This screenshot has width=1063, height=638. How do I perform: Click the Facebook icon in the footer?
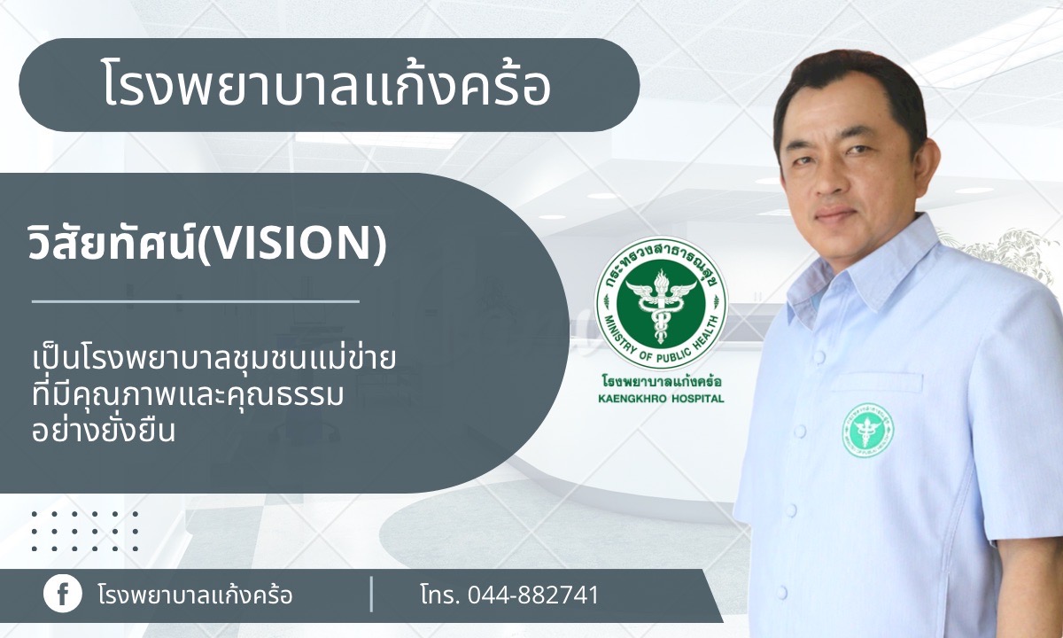pos(63,594)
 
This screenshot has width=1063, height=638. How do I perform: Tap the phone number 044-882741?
pos(533,595)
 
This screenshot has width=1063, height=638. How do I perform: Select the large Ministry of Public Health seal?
pos(661,304)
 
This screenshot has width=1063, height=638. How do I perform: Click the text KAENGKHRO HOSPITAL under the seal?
pos(661,399)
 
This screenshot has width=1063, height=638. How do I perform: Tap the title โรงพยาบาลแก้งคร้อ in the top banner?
pos(327,85)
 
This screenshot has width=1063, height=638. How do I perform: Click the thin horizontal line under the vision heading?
pos(196,301)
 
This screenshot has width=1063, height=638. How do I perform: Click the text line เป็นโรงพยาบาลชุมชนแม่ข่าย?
pos(213,360)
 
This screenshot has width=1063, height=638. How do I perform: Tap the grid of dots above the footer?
pos(85,531)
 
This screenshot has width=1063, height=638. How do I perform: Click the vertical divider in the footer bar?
pos(371,594)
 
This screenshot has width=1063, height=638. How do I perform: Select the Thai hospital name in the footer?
pos(195,595)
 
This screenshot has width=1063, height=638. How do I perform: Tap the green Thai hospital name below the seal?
pos(662,382)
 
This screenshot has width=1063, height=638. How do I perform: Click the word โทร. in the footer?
pos(440,595)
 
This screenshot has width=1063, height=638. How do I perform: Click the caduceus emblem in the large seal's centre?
pos(661,306)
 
